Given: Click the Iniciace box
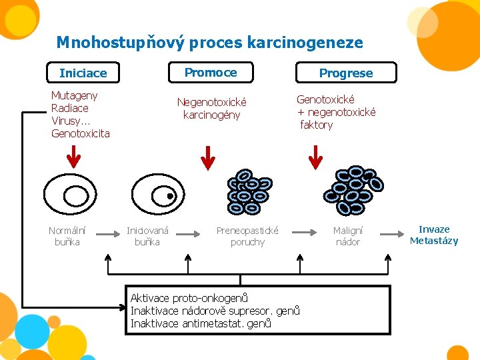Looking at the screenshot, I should point(83,73).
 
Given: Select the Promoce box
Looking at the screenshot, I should point(211,72).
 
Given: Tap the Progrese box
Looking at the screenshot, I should point(345,73).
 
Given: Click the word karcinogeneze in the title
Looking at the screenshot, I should point(305,43).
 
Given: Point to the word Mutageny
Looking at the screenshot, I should point(74,95).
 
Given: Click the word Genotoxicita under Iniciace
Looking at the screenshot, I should point(80,133).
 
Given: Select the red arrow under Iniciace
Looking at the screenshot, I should point(73,156).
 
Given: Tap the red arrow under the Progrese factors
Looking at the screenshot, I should point(316,157).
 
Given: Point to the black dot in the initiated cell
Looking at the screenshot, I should point(170,197).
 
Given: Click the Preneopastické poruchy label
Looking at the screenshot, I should point(247,236).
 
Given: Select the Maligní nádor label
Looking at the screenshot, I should point(347,236).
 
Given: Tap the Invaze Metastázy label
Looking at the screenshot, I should point(434,235).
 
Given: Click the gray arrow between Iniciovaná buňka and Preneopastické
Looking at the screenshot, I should point(194,233).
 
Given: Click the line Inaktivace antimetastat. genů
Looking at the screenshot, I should point(201,323).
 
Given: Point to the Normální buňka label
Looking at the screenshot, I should point(67,236).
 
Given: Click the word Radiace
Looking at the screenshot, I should point(69,108).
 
